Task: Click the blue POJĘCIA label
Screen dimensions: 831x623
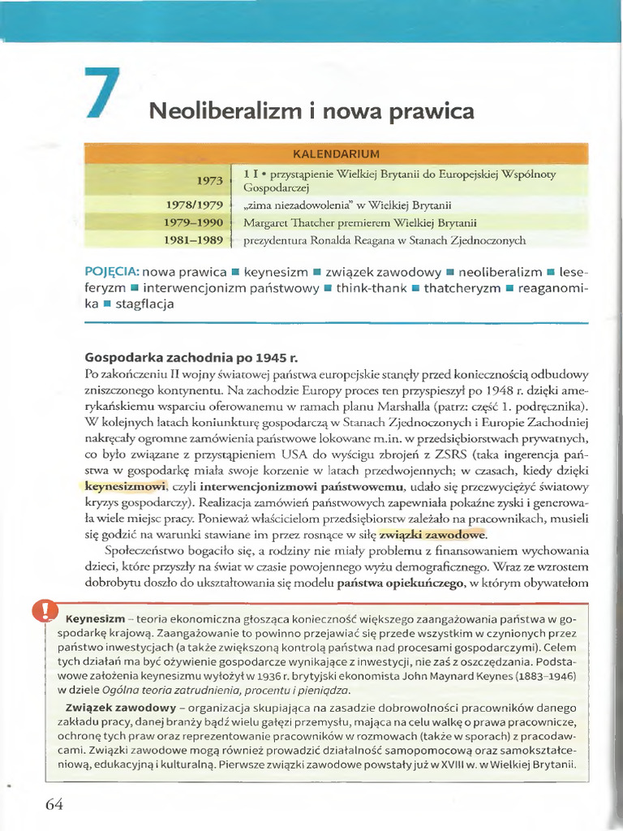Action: click(x=113, y=270)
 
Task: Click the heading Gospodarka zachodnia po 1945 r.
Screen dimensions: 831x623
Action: click(x=187, y=358)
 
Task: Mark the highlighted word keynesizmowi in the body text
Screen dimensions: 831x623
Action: click(x=124, y=486)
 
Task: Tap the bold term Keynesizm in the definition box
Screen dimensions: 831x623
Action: click(x=94, y=615)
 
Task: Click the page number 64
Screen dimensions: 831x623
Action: click(x=54, y=804)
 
